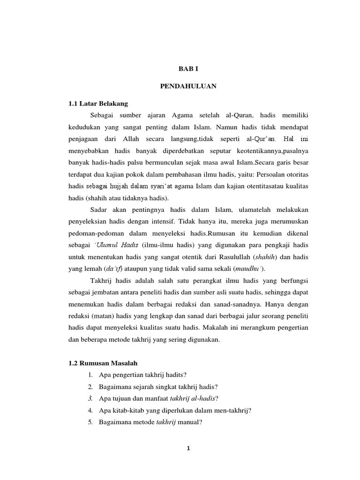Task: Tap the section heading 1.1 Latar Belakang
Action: pos(98,103)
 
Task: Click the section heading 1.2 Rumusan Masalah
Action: pos(103,363)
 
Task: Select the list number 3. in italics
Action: pos(90,398)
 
